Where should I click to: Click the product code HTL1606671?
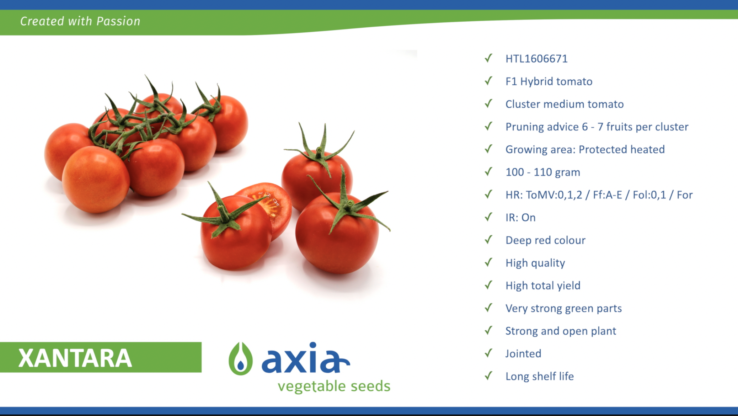[x=536, y=59]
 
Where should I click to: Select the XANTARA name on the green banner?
[x=75, y=358]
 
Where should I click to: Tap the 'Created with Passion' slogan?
[x=80, y=21]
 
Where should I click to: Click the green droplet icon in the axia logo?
[x=241, y=359]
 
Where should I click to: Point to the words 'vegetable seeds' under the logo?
[x=334, y=386]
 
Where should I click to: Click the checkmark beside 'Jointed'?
[x=489, y=353]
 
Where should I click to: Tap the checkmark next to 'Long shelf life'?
[x=489, y=376]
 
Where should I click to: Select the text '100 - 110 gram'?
[x=543, y=172]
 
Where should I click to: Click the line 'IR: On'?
[x=520, y=218]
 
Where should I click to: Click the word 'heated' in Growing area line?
[x=647, y=149]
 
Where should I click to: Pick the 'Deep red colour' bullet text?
[x=545, y=240]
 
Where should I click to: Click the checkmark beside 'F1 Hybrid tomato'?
[x=489, y=81]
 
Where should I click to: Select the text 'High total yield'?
[x=543, y=286]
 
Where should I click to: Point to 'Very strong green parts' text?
[x=563, y=308]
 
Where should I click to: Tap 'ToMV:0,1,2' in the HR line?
[x=554, y=195]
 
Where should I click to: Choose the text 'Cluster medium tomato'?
[x=565, y=104]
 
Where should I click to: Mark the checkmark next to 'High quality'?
[x=489, y=262]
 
